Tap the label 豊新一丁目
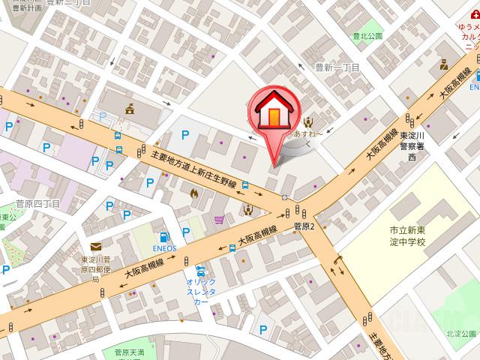[338, 67]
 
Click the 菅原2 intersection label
[304, 225]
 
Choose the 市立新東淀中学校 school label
[407, 236]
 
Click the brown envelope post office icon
[96, 247]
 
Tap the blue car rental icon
[200, 271]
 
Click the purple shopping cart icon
[218, 220]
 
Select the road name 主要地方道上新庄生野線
[194, 169]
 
